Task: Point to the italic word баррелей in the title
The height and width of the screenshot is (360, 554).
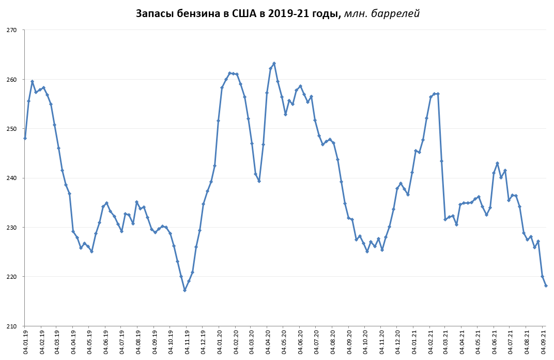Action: [394, 14]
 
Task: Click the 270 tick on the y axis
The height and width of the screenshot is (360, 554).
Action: [12, 30]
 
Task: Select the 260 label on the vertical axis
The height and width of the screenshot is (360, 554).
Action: [12, 80]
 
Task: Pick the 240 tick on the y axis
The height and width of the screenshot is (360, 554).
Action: [12, 178]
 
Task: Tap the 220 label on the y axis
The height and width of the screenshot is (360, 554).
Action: [12, 277]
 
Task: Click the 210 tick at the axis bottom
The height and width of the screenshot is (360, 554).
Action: [12, 326]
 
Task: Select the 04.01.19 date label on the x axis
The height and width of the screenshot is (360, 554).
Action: [25, 341]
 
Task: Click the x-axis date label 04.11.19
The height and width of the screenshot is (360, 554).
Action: [187, 341]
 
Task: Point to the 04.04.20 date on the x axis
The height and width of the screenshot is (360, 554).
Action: [268, 341]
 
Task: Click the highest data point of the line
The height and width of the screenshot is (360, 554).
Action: [274, 64]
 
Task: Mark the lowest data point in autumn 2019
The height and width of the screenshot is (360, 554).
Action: [184, 290]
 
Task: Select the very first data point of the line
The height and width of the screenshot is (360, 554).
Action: [25, 138]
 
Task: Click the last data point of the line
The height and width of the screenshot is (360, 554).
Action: [546, 286]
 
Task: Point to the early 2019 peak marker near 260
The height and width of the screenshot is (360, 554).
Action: [32, 81]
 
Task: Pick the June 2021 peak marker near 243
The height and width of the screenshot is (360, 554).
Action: [497, 163]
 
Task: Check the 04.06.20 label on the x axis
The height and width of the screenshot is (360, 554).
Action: [300, 341]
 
